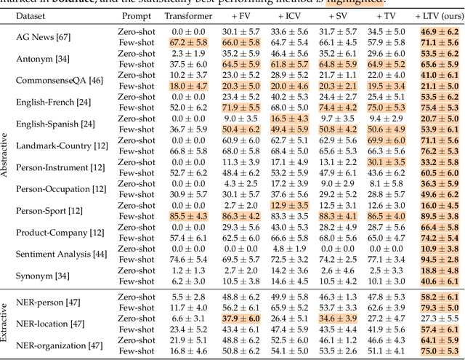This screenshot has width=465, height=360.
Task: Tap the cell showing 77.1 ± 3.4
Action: pos(386,259)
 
